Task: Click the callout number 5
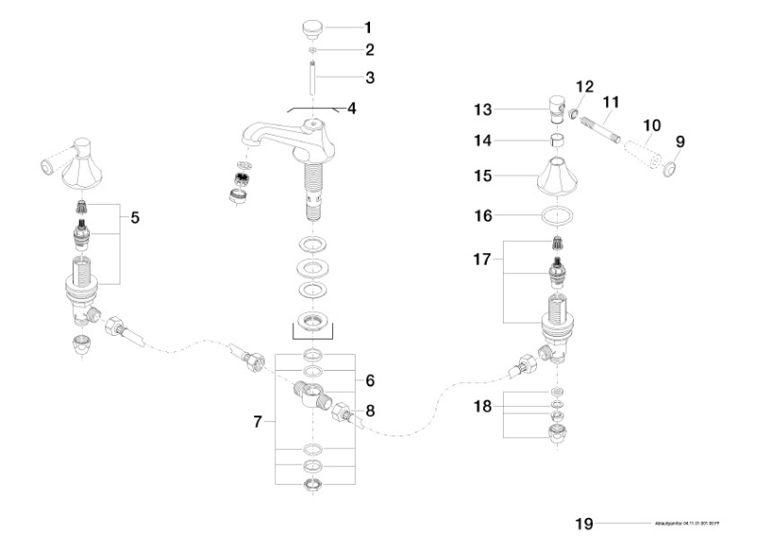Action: tap(135, 217)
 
